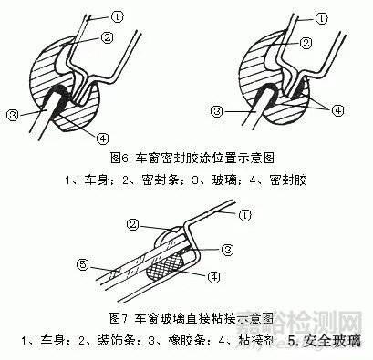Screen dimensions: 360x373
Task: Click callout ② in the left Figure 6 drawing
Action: [x=107, y=36]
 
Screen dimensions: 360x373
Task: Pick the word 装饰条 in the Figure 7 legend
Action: [x=119, y=343]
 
